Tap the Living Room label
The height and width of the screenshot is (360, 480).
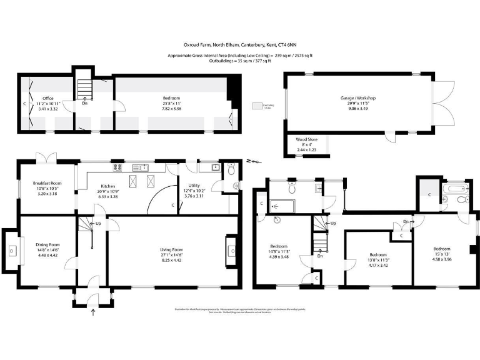point(168,249)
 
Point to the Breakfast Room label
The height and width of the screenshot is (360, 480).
point(47,183)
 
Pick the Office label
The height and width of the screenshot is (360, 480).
point(47,99)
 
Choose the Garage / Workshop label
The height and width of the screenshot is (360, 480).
point(357,99)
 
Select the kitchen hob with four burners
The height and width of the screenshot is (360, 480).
point(117,168)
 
